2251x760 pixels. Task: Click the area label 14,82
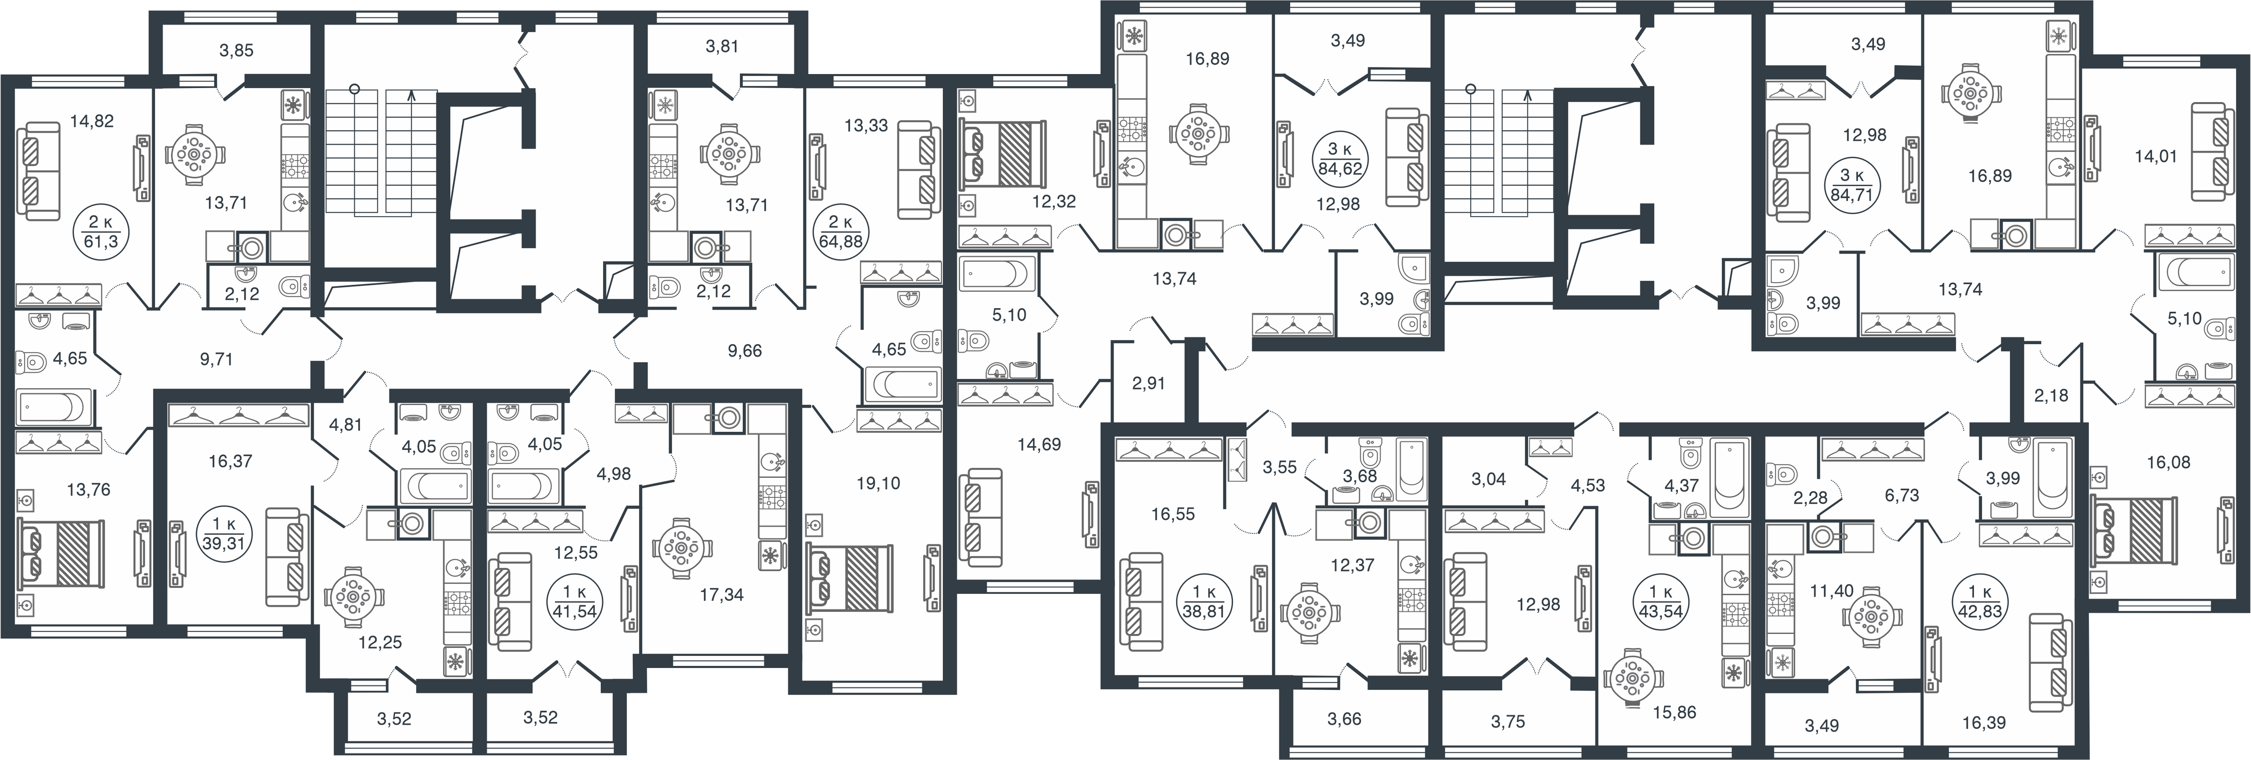92,122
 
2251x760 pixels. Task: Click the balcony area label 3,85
236,51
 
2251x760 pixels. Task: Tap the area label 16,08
2168,462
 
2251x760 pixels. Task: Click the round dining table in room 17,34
682,548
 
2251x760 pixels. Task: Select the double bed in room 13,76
61,552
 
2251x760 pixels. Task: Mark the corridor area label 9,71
216,359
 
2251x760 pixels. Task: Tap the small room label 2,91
1148,383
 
